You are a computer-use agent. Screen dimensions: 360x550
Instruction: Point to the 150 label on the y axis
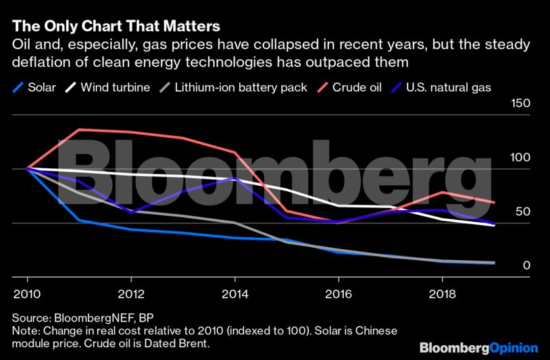tap(522, 104)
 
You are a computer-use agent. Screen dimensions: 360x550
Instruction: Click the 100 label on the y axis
tap(522, 158)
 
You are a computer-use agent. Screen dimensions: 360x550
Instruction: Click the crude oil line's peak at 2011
tap(80, 130)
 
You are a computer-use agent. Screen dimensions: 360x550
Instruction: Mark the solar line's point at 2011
tap(80, 220)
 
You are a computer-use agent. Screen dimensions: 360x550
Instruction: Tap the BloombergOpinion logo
tap(478, 348)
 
